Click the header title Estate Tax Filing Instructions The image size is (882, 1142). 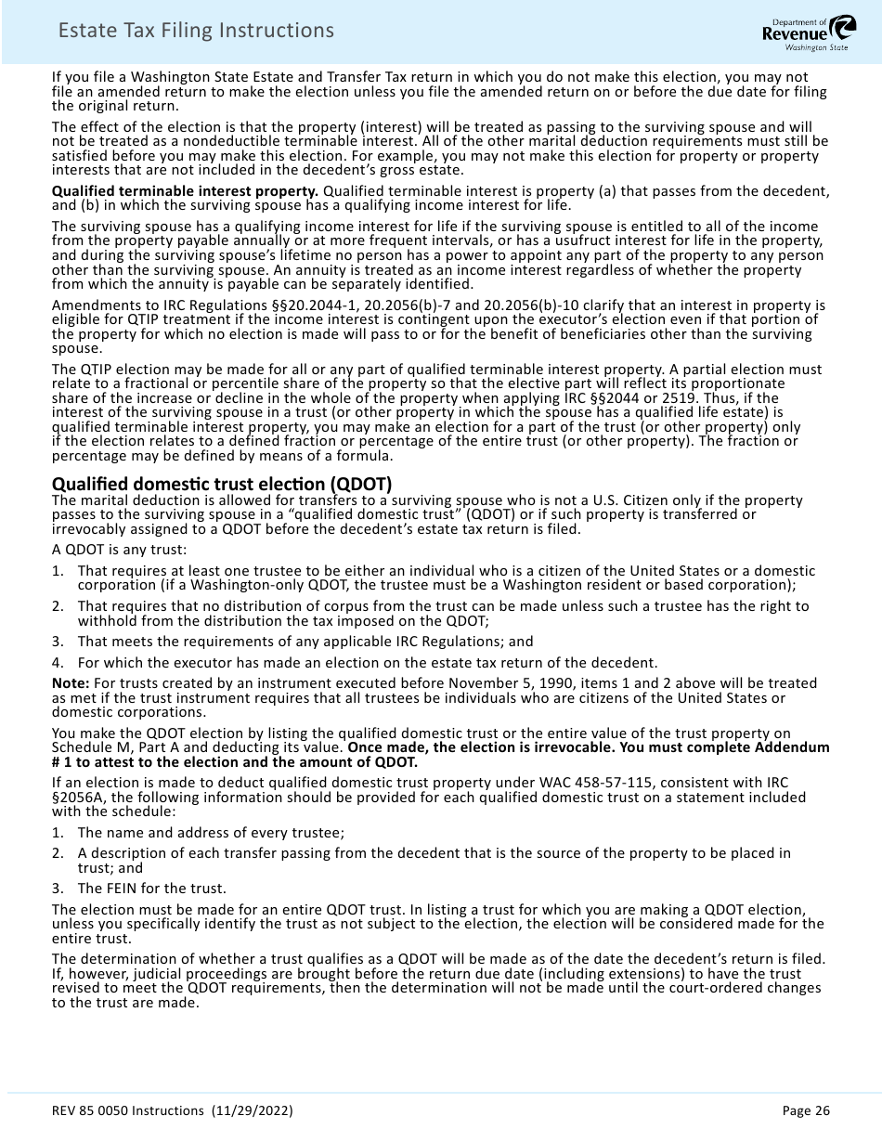tap(196, 31)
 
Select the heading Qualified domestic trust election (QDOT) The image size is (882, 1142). tap(222, 484)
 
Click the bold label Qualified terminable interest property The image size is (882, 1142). tap(185, 191)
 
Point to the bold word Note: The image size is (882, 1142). tap(71, 683)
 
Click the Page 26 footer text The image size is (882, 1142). tap(805, 1110)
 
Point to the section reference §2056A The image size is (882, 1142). tap(82, 798)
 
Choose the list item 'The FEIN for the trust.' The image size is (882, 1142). tap(151, 889)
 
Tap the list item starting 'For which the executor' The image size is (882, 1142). tap(367, 663)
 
